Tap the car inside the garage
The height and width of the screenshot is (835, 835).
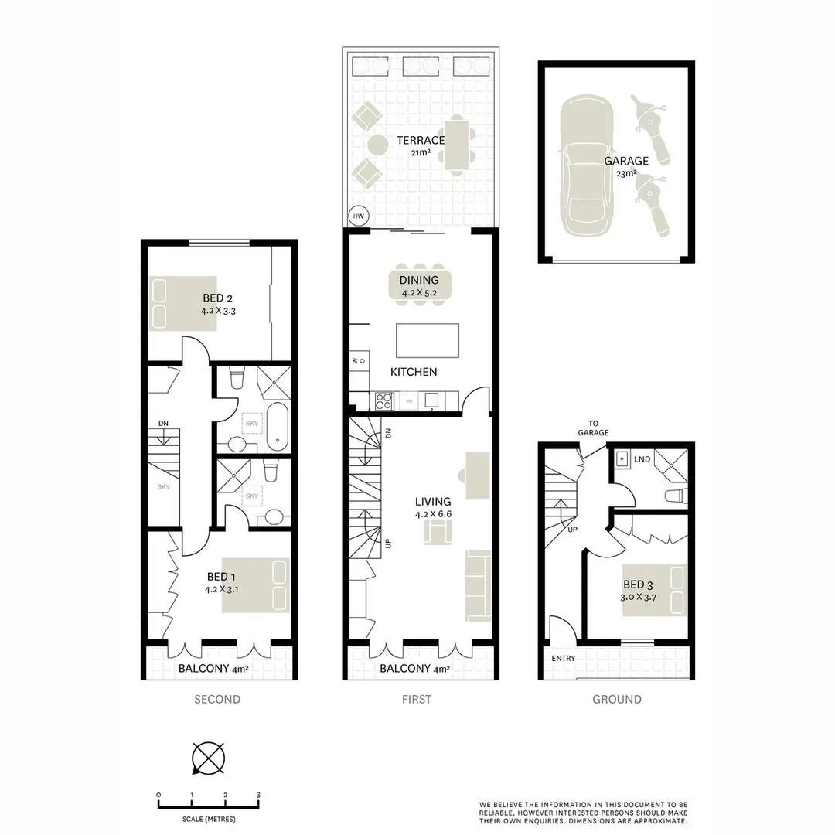click(x=587, y=165)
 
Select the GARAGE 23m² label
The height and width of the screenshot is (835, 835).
click(x=627, y=166)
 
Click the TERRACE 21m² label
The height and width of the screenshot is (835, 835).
click(x=420, y=145)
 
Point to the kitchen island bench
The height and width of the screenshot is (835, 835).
click(x=427, y=340)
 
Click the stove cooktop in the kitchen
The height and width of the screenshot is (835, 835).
click(x=384, y=400)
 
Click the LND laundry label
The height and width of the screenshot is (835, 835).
click(x=642, y=460)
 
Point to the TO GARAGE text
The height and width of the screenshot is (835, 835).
click(x=594, y=428)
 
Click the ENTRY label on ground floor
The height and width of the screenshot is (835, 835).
click(x=564, y=658)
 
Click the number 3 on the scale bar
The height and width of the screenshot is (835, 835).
click(x=258, y=795)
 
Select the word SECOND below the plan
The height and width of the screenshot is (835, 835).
click(x=217, y=699)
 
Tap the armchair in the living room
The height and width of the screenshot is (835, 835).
click(x=438, y=532)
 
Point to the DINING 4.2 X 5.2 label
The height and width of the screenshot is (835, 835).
click(x=419, y=286)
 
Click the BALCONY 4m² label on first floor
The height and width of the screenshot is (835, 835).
click(x=414, y=670)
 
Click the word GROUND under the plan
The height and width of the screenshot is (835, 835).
click(x=616, y=699)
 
